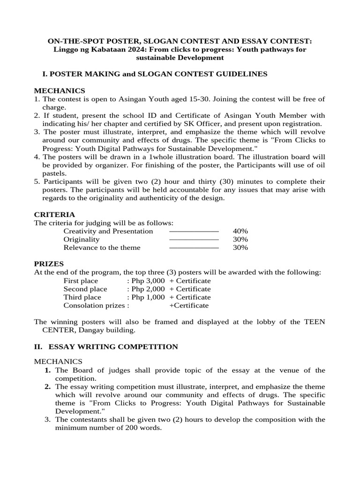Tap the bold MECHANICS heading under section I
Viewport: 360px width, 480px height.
click(59, 90)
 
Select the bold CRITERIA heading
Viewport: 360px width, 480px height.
click(55, 214)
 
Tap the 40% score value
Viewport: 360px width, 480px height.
click(240, 231)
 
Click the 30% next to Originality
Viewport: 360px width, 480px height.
click(240, 239)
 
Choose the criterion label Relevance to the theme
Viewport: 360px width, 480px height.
click(102, 247)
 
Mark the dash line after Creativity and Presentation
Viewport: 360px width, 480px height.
click(194, 231)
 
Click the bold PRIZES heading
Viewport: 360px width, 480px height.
click(49, 264)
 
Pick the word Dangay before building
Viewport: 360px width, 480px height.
click(85, 330)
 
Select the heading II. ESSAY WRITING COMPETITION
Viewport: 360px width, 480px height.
click(106, 346)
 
